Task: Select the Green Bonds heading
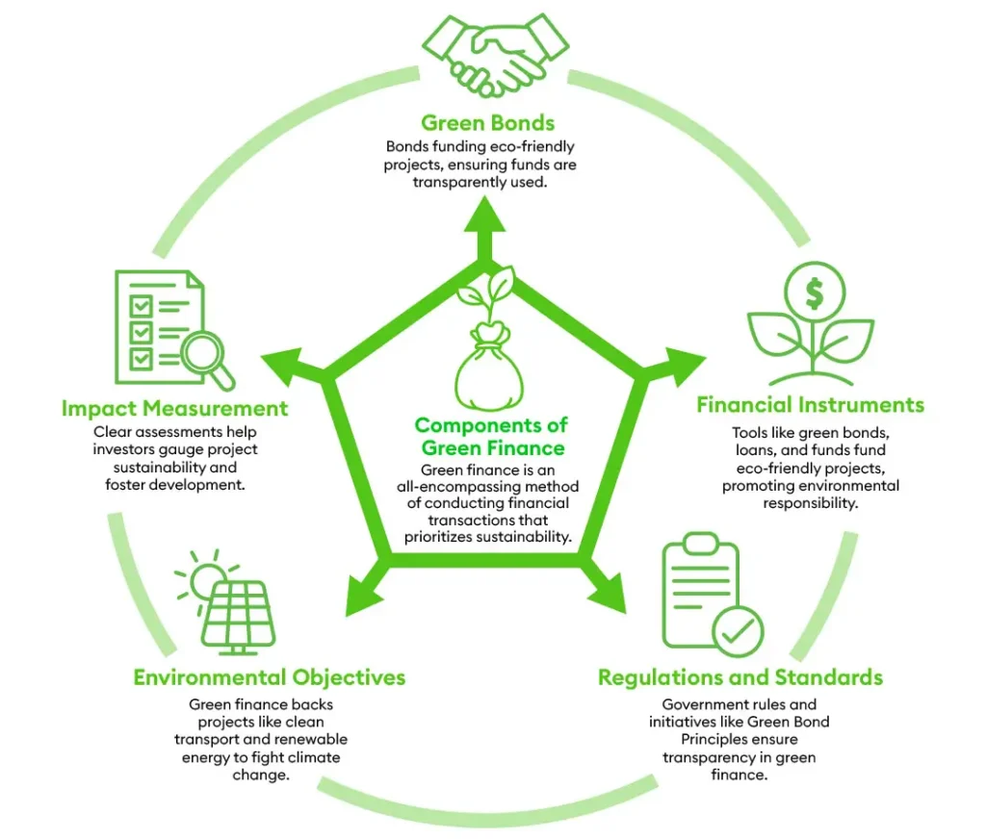[487, 123]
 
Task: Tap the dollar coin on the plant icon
[814, 294]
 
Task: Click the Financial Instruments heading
[810, 404]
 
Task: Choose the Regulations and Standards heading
[739, 677]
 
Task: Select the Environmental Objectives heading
[270, 677]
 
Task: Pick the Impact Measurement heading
[174, 408]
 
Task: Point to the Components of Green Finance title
[492, 436]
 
